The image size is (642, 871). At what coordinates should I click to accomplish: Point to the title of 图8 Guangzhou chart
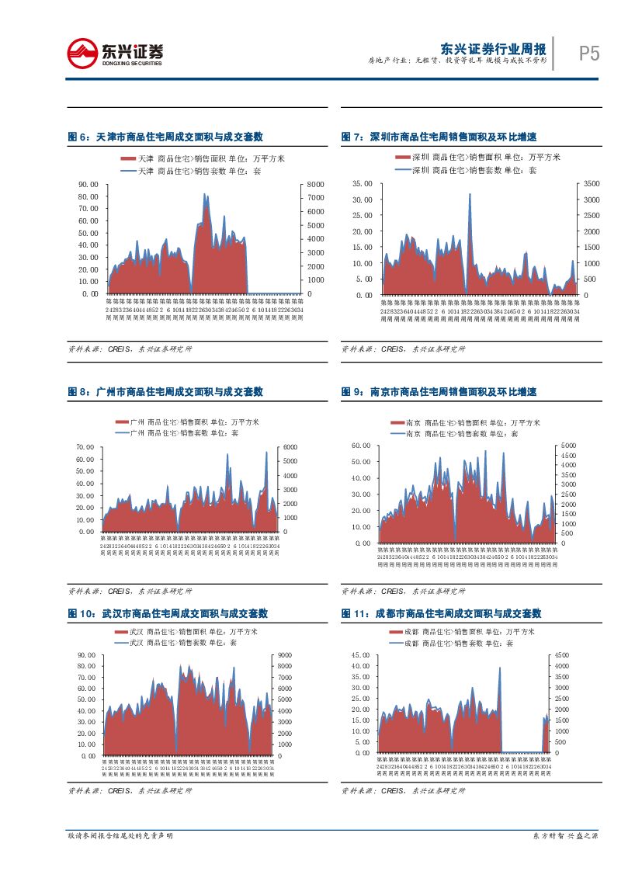[165, 392]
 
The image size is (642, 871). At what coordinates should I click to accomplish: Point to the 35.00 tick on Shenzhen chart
[363, 184]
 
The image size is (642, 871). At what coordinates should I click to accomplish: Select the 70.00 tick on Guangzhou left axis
[85, 447]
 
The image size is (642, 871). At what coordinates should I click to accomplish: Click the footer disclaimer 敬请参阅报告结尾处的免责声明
[120, 835]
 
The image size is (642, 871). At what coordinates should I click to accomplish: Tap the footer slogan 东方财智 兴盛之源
[565, 835]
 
